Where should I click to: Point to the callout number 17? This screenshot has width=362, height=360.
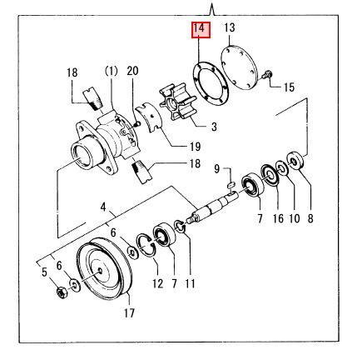(x=129, y=314)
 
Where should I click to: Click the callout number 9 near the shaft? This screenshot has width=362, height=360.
(x=215, y=170)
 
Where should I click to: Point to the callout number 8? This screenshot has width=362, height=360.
(x=310, y=219)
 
